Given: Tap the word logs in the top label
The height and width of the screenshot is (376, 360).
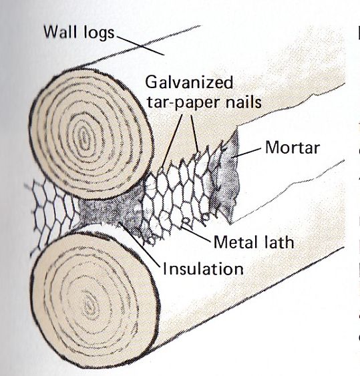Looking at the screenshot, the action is tap(99, 33).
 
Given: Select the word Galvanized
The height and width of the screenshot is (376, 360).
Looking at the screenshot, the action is tap(189, 82).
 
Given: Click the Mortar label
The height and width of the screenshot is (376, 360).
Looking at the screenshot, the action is tap(293, 147).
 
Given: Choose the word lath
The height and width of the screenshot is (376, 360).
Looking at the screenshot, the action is tap(273, 242).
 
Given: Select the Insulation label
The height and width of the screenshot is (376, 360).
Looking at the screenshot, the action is tap(203, 268).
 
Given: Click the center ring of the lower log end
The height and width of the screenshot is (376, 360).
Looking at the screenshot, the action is tap(89, 307).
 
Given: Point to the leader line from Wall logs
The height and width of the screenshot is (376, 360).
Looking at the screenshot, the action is tap(140, 45).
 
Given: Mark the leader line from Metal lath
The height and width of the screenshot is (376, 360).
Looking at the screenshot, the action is tap(196, 234).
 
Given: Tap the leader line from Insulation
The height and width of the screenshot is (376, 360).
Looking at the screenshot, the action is tap(140, 244).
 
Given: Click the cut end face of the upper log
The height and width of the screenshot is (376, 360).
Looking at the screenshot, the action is tap(91, 134).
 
